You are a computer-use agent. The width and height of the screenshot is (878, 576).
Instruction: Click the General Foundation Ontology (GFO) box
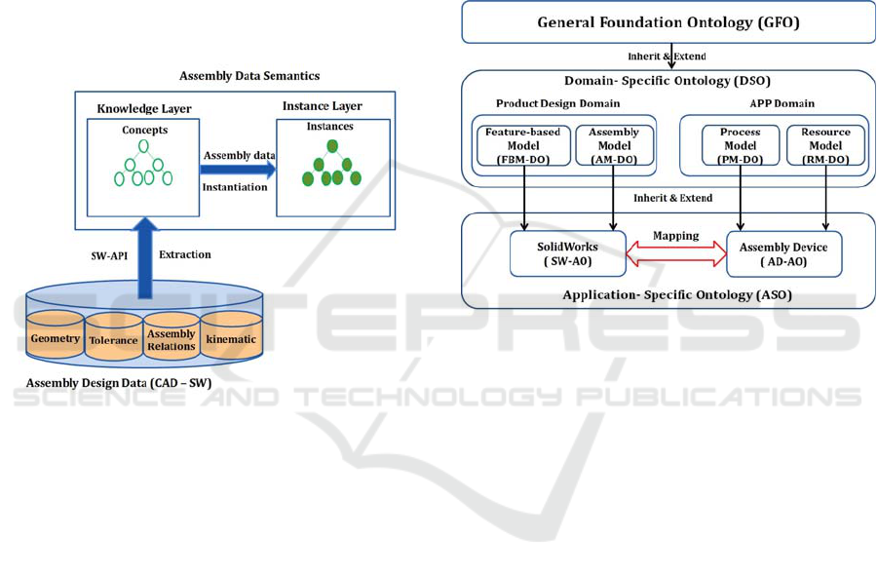pos(668,22)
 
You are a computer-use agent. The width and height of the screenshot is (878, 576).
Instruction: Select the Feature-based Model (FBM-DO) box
pos(523,145)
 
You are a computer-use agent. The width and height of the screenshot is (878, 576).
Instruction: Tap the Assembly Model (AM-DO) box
pos(614,145)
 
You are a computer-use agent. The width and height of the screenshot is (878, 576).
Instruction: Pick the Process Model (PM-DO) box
pos(741,145)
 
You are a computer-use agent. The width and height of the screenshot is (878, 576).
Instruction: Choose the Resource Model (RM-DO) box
pos(825,145)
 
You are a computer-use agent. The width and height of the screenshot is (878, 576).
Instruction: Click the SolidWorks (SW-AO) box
pos(568,253)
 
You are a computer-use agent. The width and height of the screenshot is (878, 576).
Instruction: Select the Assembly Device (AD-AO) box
pos(783,254)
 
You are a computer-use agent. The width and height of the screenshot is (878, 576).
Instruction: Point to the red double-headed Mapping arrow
pos(676,253)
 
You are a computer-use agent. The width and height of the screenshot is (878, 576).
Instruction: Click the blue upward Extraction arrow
pos(145,258)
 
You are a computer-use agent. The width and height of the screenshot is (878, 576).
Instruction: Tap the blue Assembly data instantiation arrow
pos(238,170)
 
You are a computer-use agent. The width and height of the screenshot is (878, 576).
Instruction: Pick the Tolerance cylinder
pos(113,336)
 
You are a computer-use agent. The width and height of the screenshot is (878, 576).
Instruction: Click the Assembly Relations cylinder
pos(172,336)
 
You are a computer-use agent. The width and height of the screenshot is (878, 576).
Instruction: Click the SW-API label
pos(109,255)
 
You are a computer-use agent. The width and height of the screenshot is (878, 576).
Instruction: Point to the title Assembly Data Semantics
pos(249,76)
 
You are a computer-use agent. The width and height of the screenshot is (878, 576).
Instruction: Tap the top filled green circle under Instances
pos(332,146)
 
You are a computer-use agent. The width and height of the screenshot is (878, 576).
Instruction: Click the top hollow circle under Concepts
pos(144,146)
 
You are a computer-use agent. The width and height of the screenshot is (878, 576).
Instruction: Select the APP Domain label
pos(783,103)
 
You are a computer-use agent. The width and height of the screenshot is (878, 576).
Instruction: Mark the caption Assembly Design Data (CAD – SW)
pos(119,383)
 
